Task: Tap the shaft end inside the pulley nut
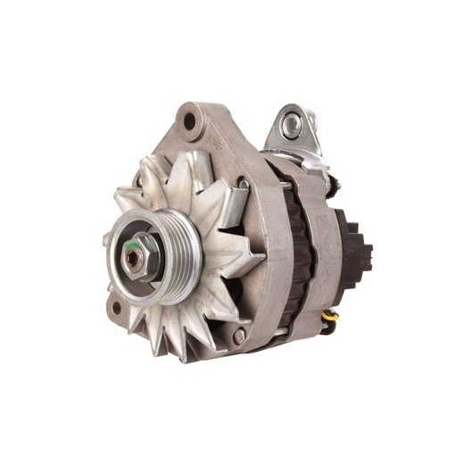pos(134,257)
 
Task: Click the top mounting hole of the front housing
pos(188,119)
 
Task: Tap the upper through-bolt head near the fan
pos(243,184)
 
